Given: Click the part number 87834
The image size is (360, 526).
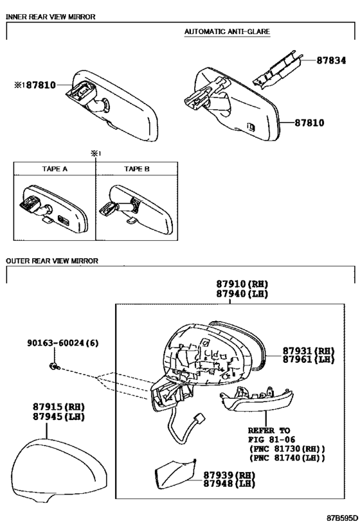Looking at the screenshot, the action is (x=331, y=60).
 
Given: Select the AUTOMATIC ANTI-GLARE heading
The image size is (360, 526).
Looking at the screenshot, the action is (x=227, y=31).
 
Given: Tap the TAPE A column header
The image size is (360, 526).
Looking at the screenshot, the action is (x=55, y=169).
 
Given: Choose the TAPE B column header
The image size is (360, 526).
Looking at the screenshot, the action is (x=137, y=169).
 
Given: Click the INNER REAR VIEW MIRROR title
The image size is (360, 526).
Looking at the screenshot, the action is (x=51, y=17).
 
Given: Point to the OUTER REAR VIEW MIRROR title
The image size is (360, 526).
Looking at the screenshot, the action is (x=52, y=261).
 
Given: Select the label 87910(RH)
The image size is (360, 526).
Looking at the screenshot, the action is (x=242, y=284).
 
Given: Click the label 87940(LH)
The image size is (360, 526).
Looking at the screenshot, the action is (x=242, y=294).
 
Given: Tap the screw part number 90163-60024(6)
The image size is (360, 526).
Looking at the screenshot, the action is (x=63, y=343).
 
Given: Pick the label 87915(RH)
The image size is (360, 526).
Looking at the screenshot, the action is (x=59, y=407).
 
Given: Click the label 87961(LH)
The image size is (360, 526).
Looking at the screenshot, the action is (x=309, y=359).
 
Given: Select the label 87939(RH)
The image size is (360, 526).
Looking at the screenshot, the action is (x=229, y=475).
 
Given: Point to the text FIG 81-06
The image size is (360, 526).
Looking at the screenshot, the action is (x=272, y=439).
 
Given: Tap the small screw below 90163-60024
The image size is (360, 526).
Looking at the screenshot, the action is (x=54, y=366).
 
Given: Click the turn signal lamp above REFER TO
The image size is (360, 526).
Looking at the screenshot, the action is (x=256, y=399).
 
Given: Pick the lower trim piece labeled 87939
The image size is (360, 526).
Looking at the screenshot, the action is (x=175, y=475).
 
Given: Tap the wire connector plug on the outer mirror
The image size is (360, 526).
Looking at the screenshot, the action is (x=200, y=418).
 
